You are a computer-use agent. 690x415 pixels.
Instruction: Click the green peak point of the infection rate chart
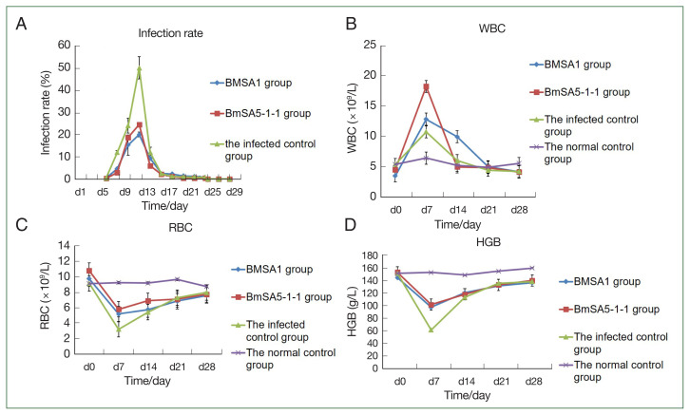pyautogui.click(x=139, y=69)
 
